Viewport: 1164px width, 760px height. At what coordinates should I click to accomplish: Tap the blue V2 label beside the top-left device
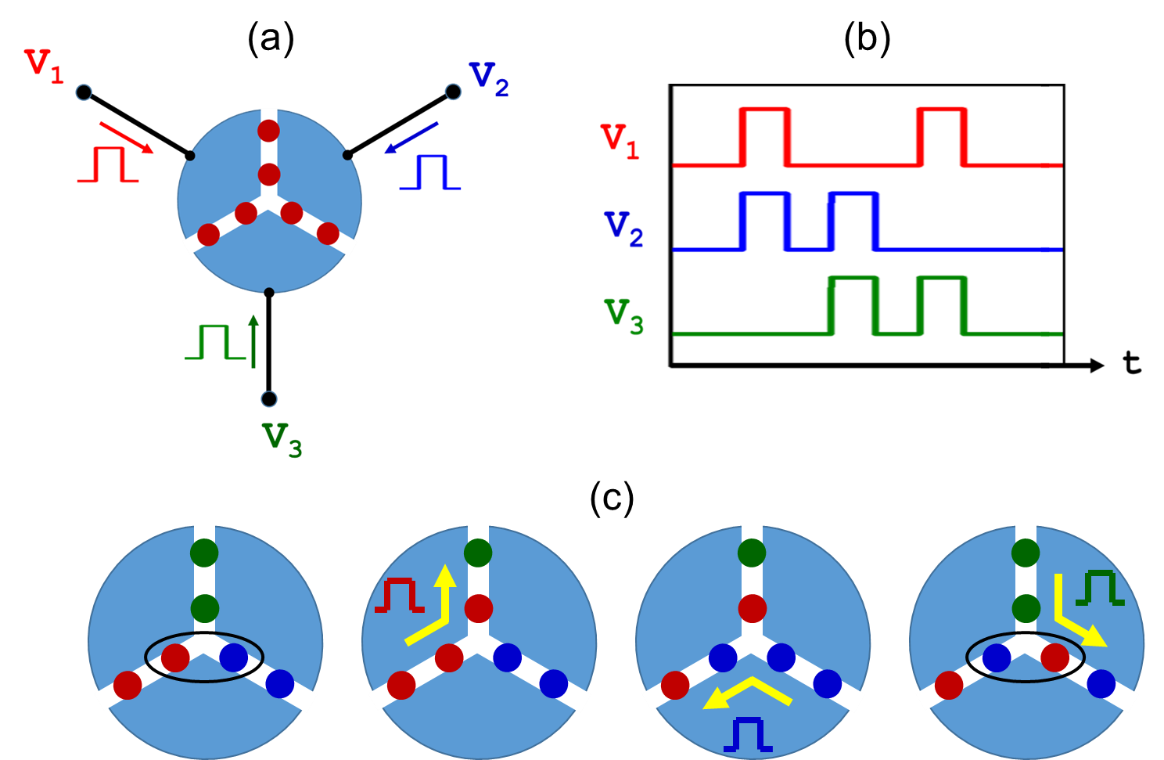pos(489,80)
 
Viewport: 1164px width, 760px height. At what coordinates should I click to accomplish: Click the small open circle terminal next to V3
pos(269,399)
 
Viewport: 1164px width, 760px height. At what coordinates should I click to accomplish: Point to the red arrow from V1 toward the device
pos(126,138)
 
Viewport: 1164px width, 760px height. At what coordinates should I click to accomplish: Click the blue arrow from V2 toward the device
pos(411,138)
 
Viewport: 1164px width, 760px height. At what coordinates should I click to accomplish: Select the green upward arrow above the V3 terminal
pos(253,340)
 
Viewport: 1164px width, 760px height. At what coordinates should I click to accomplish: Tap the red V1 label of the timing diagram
pos(620,141)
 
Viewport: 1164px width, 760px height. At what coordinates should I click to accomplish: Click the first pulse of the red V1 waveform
pos(764,136)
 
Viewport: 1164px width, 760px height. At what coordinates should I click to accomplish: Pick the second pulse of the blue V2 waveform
pos(853,220)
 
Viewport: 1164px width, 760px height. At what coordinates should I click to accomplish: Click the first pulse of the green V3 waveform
pos(853,305)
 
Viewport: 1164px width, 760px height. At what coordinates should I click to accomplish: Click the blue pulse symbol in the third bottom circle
pos(748,736)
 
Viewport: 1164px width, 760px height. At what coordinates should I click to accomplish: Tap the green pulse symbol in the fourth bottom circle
pos(1100,588)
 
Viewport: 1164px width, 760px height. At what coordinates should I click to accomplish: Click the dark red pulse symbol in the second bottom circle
pos(399,596)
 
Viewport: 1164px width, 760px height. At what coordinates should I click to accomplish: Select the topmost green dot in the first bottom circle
pos(204,553)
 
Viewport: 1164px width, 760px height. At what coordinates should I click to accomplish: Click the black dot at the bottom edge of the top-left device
pos(269,293)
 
